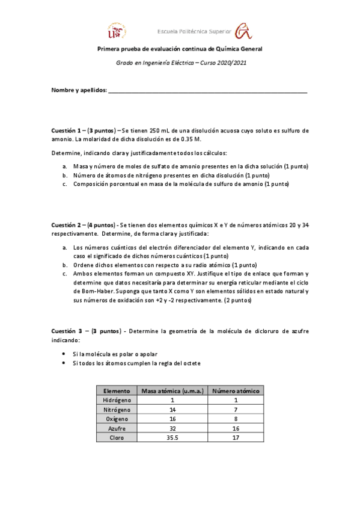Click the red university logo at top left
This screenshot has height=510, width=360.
tap(117, 30)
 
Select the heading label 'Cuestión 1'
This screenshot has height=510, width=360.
tap(68, 131)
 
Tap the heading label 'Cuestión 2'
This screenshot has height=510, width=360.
tap(68, 224)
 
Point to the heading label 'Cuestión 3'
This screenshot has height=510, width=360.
tap(68, 331)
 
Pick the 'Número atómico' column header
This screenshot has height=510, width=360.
tap(235, 390)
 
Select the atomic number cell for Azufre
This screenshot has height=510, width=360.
tap(235, 428)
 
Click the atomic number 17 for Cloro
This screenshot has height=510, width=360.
tap(235, 438)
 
